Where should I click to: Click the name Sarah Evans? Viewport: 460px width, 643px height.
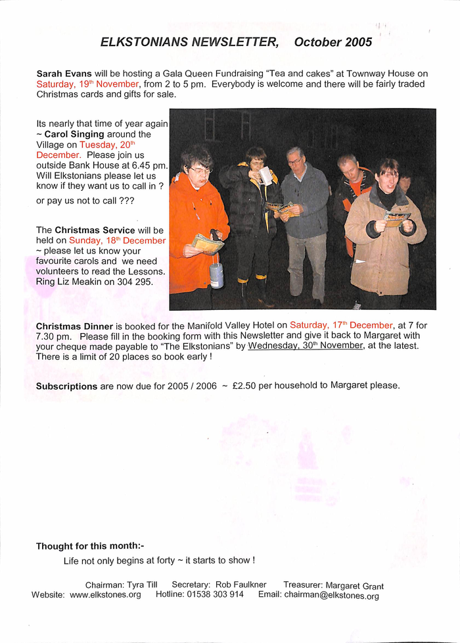click(x=64, y=74)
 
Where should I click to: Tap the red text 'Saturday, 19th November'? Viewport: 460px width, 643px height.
click(x=87, y=84)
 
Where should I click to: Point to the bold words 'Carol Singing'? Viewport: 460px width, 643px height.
click(x=74, y=134)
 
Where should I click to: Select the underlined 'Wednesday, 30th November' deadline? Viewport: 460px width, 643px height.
click(x=306, y=346)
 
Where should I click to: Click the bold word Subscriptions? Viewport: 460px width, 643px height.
click(x=66, y=386)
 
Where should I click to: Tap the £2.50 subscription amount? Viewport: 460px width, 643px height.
click(x=244, y=386)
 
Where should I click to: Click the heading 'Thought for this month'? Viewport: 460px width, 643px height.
click(x=89, y=546)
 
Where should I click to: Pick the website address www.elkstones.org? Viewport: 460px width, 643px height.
click(x=105, y=594)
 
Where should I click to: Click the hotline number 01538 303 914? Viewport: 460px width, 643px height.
click(x=211, y=594)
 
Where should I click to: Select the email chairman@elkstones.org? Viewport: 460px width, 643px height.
click(x=331, y=595)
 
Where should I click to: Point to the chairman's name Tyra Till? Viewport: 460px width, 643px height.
click(x=147, y=585)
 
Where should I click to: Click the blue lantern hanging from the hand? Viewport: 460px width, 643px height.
click(x=216, y=274)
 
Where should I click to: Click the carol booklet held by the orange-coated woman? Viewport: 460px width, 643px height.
click(x=208, y=245)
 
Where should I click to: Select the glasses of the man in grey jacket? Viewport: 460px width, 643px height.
click(x=294, y=162)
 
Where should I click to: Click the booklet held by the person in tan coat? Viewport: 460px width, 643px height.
click(x=396, y=219)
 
